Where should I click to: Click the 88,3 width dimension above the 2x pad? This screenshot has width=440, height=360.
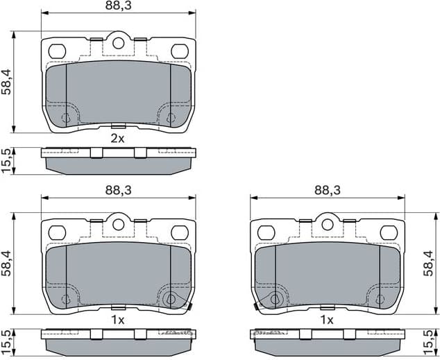pos(118,6)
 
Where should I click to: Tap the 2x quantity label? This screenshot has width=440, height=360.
pos(118,138)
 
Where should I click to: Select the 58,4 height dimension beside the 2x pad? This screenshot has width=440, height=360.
pos(7,81)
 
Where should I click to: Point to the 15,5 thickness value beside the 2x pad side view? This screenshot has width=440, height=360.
pos(7,161)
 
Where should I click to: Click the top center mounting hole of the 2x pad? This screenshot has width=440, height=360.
pos(118,43)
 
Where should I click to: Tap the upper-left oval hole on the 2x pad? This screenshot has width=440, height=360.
pos(57,51)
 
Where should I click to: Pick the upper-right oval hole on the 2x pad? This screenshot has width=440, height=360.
pos(179,51)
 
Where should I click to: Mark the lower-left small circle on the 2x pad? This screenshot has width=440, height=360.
pos(67,117)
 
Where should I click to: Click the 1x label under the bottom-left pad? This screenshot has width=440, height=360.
pos(118,320)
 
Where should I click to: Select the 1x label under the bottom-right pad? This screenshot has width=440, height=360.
pos(327,320)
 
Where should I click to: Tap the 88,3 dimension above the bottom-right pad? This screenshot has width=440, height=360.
pos(327,189)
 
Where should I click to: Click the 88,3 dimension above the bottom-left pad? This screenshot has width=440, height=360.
pos(118,189)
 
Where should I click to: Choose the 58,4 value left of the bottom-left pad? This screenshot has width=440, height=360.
pos(7,264)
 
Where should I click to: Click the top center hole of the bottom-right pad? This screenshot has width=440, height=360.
pos(327,225)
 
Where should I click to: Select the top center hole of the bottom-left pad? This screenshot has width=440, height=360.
pos(118,225)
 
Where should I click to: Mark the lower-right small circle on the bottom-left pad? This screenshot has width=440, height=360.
pos(171,300)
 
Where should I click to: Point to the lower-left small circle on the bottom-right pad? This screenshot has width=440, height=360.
pos(276,300)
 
